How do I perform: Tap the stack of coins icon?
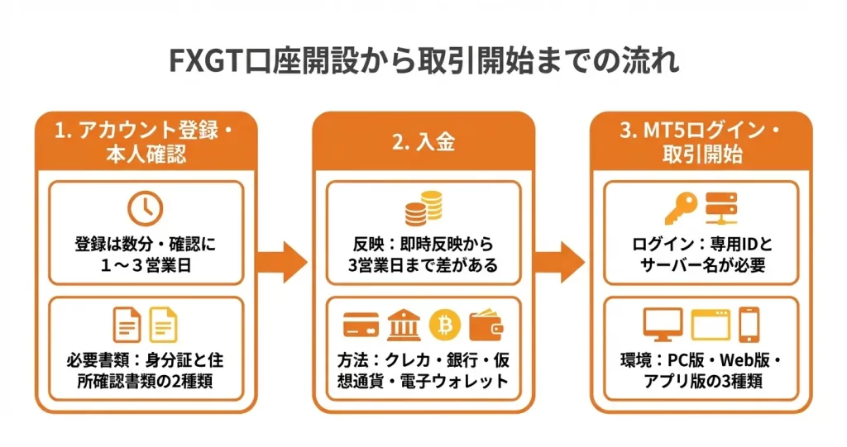(x=423, y=207)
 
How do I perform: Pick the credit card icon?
(x=361, y=326)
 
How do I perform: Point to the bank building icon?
(x=402, y=326)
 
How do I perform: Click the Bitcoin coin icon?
(x=444, y=326)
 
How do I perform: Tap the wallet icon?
(x=486, y=326)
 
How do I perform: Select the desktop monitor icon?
(x=662, y=325)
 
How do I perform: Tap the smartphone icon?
(x=749, y=325)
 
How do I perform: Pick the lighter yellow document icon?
(x=164, y=325)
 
